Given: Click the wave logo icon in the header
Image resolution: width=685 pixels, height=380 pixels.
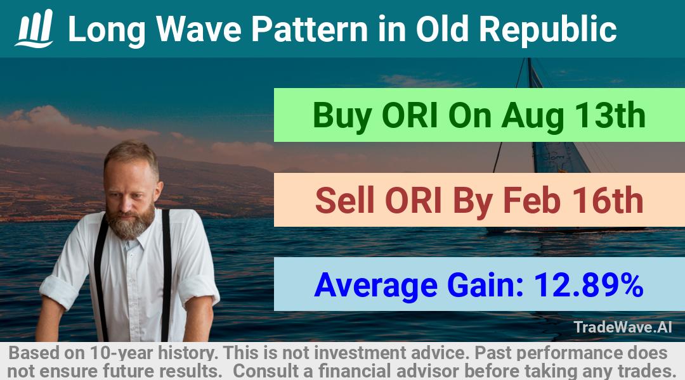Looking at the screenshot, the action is [34, 28].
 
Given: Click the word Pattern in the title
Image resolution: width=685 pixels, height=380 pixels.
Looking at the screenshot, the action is [310, 29].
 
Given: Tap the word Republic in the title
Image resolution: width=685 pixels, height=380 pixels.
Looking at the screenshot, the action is [548, 29].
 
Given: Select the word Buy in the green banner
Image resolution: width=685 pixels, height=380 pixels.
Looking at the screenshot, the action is [342, 116].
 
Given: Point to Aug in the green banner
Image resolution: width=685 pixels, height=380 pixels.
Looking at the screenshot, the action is [532, 116].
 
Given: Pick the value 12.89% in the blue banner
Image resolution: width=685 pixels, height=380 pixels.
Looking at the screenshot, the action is [589, 285].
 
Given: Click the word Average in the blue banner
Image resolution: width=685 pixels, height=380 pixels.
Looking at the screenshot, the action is [375, 286].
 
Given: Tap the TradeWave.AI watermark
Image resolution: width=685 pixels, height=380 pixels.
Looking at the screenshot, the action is [623, 327].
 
